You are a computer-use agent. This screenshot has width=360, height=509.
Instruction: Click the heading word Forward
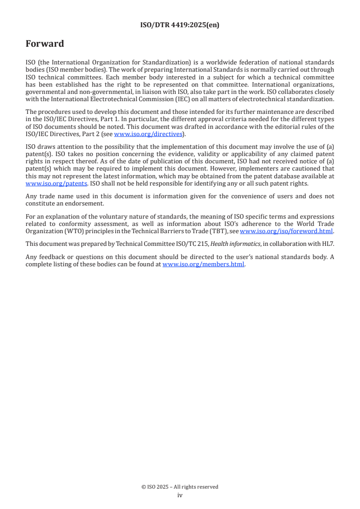pos(44,44)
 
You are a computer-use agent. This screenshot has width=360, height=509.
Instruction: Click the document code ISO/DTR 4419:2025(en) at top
pos(180,25)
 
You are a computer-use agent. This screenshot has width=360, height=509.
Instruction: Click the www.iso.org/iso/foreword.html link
pos(286,231)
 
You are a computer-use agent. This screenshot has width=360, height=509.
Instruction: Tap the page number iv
pos(180,495)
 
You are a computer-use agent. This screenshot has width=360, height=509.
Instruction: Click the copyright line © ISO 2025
pos(180,487)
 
